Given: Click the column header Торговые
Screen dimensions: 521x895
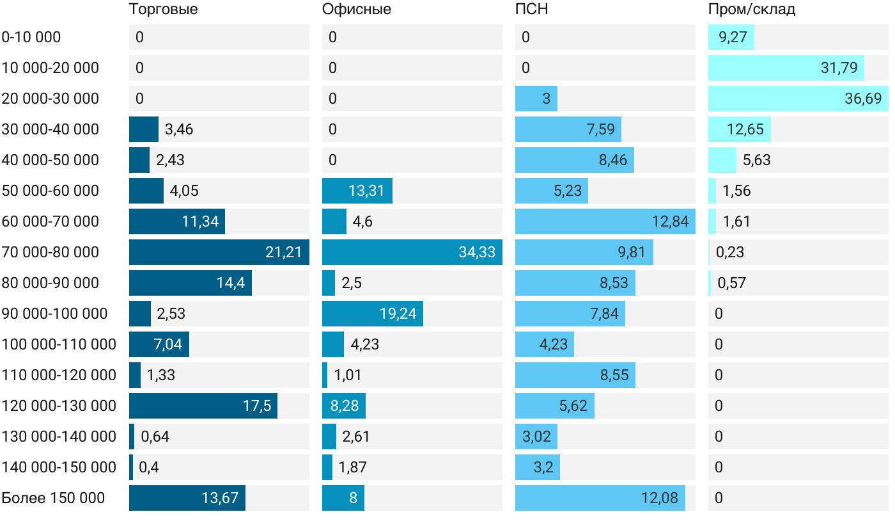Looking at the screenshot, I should (163, 10).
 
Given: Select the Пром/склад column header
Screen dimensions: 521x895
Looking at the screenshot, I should (751, 10).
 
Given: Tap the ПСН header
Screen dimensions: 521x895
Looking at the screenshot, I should (531, 10).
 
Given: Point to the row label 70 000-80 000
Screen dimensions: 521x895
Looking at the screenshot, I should (51, 252).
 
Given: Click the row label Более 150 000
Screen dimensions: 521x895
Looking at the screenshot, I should (53, 498).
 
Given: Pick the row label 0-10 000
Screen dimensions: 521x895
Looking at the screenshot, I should (31, 37).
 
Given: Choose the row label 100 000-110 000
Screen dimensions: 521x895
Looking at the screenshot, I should (59, 344).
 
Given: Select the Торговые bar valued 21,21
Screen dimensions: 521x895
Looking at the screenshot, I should (219, 252).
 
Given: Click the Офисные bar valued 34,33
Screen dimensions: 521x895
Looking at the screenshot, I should (412, 252).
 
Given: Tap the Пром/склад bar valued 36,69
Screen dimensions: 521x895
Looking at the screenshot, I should (798, 99).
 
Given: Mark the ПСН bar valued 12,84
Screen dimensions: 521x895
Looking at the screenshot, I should (605, 221).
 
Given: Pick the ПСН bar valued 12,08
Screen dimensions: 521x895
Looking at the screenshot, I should (600, 498).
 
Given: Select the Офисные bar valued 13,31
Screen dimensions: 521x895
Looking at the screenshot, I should (357, 191).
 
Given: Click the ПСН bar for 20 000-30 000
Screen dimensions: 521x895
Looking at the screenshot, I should (536, 99).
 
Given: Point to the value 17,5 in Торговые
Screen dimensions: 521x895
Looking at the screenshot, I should (257, 406).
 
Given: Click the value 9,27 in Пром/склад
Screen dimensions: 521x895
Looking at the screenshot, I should (733, 37).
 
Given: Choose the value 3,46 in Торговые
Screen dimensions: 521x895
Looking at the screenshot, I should (179, 129).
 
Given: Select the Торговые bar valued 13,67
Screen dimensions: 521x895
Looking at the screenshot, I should (187, 498).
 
